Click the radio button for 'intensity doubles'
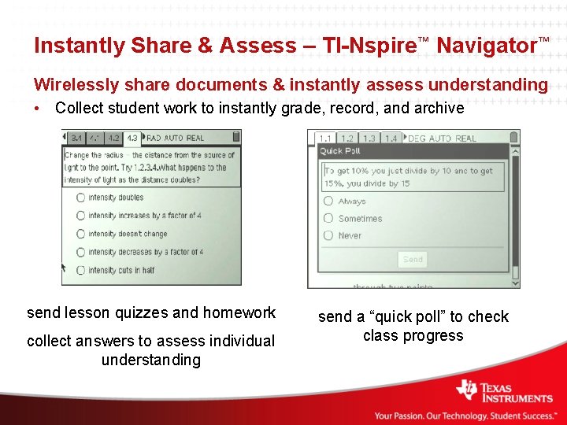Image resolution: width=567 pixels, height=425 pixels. pyautogui.click(x=80, y=198)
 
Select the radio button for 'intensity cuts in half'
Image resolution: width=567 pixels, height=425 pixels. pyautogui.click(x=80, y=270)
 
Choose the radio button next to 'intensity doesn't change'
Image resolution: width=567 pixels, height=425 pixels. pyautogui.click(x=80, y=234)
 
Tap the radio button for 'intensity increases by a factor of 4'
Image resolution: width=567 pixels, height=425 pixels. pyautogui.click(x=80, y=216)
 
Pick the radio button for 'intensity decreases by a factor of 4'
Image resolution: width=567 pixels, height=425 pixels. pyautogui.click(x=80, y=252)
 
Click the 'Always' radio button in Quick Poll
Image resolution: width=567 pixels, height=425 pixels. pyautogui.click(x=328, y=201)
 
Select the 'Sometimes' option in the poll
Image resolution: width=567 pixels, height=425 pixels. pyautogui.click(x=328, y=219)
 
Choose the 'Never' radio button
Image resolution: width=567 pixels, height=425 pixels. pyautogui.click(x=328, y=235)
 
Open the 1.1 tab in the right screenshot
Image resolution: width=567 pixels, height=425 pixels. pyautogui.click(x=325, y=139)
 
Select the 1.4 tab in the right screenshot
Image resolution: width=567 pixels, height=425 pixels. pyautogui.click(x=391, y=139)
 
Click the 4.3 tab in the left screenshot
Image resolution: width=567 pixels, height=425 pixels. pyautogui.click(x=132, y=138)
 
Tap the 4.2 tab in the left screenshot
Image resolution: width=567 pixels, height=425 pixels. pyautogui.click(x=113, y=138)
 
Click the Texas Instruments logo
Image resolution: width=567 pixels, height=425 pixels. pyautogui.click(x=505, y=391)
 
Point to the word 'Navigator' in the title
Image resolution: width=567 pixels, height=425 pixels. pyautogui.click(x=486, y=46)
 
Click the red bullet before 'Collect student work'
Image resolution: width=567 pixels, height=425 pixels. pyautogui.click(x=39, y=108)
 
